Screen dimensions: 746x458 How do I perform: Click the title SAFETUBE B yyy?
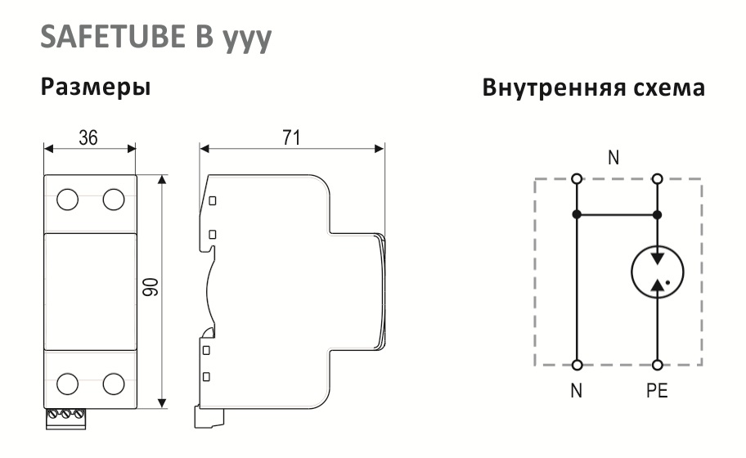(x=155, y=38)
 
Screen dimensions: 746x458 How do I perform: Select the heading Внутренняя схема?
(x=593, y=88)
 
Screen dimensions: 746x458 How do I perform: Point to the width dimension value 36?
(x=88, y=138)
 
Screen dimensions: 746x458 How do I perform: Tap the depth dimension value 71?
(x=292, y=138)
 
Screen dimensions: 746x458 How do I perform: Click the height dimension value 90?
(x=150, y=287)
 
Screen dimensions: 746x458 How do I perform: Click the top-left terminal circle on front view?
(x=68, y=200)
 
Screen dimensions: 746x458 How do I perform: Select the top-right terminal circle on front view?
(x=114, y=200)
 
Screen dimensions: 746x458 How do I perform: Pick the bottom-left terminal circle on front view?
(x=68, y=384)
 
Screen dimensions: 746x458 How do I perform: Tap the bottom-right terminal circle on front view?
(x=114, y=384)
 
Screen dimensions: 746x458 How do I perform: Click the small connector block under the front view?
(x=65, y=419)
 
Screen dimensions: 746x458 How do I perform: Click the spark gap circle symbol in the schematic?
(x=658, y=272)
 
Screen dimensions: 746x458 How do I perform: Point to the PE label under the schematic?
(x=657, y=391)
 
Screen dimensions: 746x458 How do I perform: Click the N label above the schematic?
(x=613, y=158)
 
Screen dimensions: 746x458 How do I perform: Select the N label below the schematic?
(x=577, y=391)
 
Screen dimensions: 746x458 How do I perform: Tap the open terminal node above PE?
(x=658, y=366)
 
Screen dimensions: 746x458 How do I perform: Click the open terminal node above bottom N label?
(x=577, y=366)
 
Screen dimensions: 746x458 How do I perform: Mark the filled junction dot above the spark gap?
(x=658, y=215)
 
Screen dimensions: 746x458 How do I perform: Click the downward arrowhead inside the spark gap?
(x=658, y=258)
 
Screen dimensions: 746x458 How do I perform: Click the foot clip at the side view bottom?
(x=209, y=417)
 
